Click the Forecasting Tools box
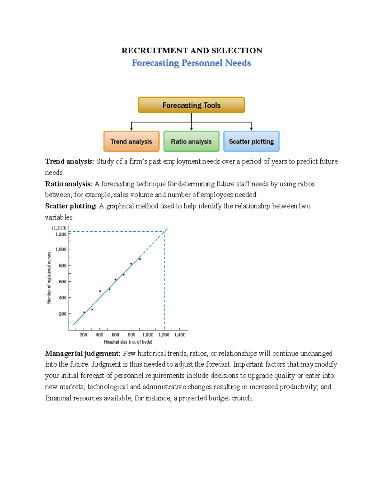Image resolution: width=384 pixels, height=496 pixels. [191, 105]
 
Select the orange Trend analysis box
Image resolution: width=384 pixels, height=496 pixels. [131, 141]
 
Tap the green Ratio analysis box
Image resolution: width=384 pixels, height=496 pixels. [191, 141]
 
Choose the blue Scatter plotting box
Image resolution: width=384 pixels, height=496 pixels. [251, 141]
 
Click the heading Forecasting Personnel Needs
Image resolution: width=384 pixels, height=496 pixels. [191, 63]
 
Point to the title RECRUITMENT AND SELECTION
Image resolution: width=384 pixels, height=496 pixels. [192, 50]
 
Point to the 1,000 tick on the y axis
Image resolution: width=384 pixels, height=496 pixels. [61, 249]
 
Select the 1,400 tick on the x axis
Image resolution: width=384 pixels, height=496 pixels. [180, 335]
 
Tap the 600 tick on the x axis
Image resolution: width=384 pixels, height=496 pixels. [116, 335]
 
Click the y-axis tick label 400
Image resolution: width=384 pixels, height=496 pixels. [62, 298]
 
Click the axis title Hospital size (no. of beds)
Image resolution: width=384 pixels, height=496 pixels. [128, 342]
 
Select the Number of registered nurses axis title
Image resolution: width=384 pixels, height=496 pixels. [49, 278]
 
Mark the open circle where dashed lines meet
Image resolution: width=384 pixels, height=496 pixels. [164, 232]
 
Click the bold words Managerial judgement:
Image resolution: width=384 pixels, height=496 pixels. [83, 353]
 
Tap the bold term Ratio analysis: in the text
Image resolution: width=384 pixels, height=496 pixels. [68, 184]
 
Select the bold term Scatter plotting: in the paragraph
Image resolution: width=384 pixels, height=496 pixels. [71, 206]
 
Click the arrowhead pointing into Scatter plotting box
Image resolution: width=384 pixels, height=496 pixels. [252, 129]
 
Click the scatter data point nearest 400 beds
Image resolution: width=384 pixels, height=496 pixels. [100, 291]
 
